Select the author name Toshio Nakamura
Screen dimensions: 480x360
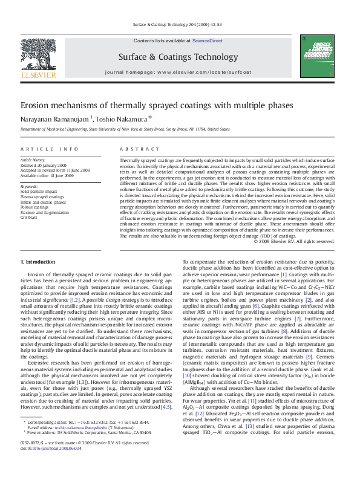tap(120, 120)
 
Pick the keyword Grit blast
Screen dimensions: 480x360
tap(28, 216)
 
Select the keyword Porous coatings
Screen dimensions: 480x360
tap(34, 206)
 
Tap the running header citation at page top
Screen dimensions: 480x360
tap(180, 25)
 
